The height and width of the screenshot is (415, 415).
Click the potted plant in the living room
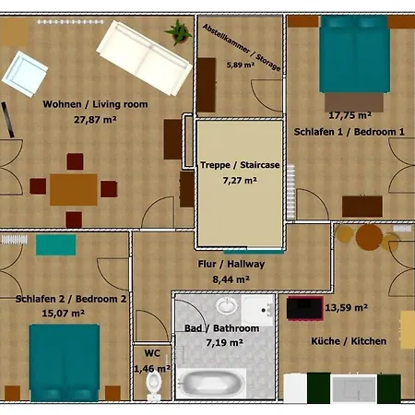(179, 32)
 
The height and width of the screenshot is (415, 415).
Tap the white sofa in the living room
(145, 58)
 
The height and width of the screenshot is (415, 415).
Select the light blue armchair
(25, 74)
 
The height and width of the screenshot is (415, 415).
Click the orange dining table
(74, 189)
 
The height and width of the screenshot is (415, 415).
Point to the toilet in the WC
(154, 385)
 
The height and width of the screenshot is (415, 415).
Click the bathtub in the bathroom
(211, 384)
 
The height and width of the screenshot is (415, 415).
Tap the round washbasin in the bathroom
(227, 305)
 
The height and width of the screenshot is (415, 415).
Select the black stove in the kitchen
(305, 308)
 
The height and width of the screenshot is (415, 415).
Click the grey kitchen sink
(354, 388)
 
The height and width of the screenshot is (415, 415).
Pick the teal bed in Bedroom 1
(354, 53)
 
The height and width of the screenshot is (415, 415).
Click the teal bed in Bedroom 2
(65, 362)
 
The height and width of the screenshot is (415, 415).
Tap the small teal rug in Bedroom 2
(55, 244)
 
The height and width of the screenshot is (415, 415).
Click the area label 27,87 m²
(95, 119)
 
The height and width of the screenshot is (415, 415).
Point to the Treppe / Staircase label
(240, 165)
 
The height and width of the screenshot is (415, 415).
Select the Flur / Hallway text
(231, 264)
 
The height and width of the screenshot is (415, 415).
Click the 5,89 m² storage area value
(241, 65)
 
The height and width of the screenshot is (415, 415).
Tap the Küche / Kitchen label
(349, 341)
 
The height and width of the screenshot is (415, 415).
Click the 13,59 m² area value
(347, 307)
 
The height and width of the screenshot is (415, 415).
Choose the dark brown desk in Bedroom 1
(362, 207)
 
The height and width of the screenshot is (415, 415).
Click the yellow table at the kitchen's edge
(408, 329)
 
